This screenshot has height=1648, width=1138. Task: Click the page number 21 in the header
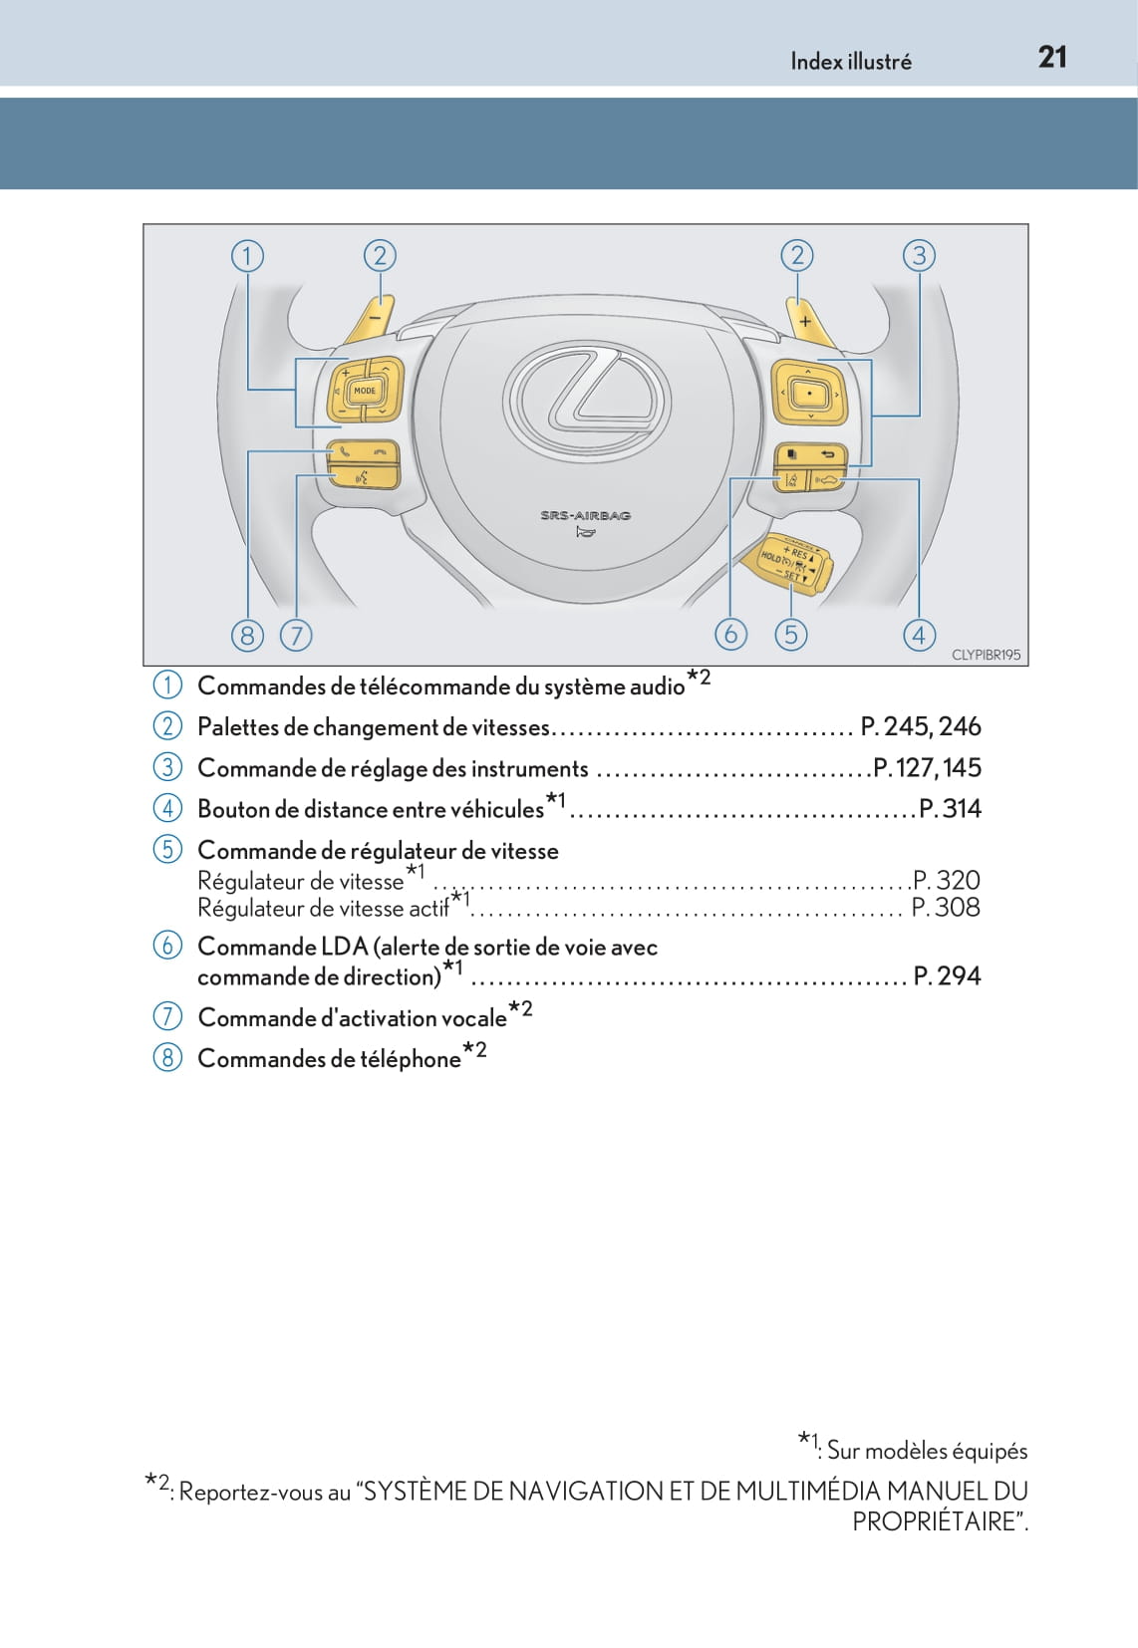tap(1052, 57)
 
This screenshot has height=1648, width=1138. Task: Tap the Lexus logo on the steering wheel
tap(587, 400)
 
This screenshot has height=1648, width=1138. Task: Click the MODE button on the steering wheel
tap(365, 391)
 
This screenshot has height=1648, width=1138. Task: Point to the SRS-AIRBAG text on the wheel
tap(586, 515)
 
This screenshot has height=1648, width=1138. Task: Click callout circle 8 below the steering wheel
tap(247, 635)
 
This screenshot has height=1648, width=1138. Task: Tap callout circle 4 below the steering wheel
tap(919, 635)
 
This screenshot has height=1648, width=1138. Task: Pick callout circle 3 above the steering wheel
tap(919, 256)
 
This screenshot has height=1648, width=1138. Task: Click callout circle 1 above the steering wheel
tap(247, 256)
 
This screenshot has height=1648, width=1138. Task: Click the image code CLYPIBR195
tap(986, 655)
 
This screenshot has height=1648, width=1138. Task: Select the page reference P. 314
tap(950, 808)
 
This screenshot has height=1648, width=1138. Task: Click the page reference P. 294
tap(947, 975)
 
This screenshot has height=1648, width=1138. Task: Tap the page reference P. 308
tap(946, 907)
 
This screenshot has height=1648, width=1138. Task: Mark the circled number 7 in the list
tap(167, 1016)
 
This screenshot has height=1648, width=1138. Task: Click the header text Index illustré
tap(850, 62)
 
